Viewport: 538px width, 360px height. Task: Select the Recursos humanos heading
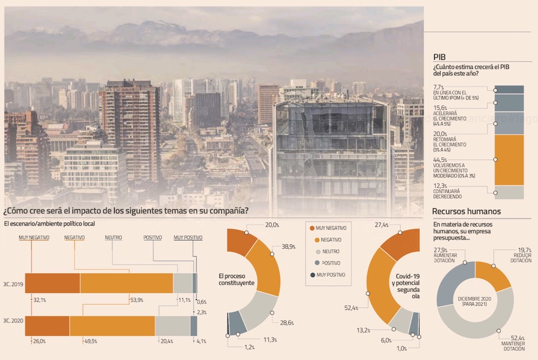pyautogui.click(x=466, y=211)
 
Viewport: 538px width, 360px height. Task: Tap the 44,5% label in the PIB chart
pyautogui.click(x=440, y=160)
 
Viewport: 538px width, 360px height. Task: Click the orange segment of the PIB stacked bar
pyautogui.click(x=508, y=159)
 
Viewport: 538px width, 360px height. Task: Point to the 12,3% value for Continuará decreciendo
pyautogui.click(x=440, y=186)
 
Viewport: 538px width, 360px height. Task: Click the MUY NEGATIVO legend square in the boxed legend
pyautogui.click(x=312, y=228)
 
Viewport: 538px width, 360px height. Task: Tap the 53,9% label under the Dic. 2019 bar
pyautogui.click(x=137, y=300)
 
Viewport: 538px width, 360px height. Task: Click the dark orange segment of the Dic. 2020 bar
pyautogui.click(x=47, y=326)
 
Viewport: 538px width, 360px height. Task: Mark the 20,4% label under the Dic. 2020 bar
pyautogui.click(x=165, y=341)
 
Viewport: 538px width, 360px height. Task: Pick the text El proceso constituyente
pyautogui.click(x=236, y=279)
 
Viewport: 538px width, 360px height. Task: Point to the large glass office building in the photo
pyautogui.click(x=330, y=156)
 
